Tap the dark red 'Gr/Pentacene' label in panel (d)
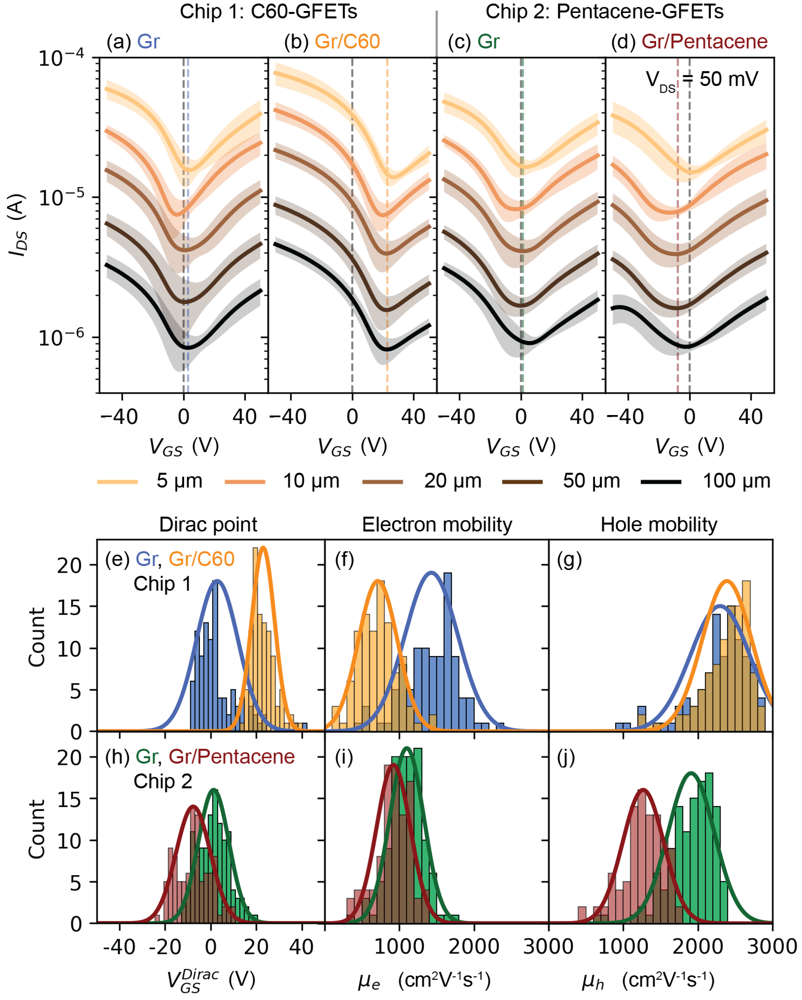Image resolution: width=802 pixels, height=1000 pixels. pyautogui.click(x=704, y=42)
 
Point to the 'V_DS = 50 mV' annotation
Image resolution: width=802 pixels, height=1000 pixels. pyautogui.click(x=701, y=80)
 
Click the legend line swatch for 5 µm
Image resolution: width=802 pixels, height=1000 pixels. pyautogui.click(x=117, y=482)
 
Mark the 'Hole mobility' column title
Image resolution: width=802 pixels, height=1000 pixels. pyautogui.click(x=659, y=524)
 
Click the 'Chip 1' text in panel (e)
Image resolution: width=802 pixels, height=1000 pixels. pyautogui.click(x=162, y=583)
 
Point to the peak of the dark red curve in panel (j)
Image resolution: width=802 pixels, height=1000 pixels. pyautogui.click(x=643, y=789)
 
